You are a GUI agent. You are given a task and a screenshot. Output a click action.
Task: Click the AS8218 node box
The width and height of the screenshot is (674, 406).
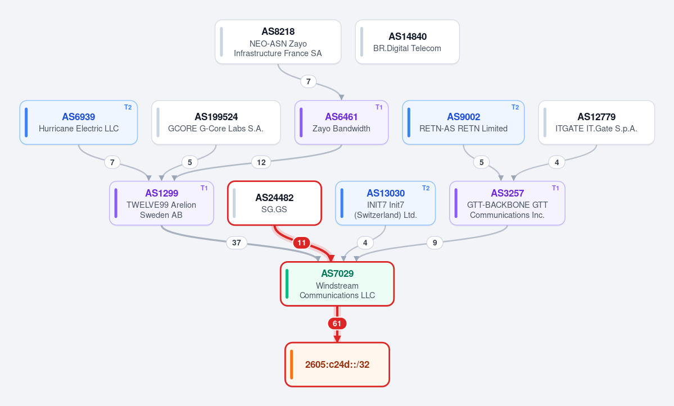click(x=278, y=42)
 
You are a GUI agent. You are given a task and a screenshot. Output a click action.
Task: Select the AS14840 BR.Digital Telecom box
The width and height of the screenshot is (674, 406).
click(x=407, y=42)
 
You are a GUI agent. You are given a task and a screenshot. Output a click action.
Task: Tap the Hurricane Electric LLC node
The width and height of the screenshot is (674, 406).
click(x=79, y=122)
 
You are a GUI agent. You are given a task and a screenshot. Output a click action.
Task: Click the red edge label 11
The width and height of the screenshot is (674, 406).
click(x=302, y=243)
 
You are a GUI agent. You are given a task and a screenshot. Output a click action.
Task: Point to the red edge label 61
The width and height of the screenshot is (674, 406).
click(x=337, y=323)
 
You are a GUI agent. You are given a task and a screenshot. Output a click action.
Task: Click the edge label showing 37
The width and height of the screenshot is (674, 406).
click(x=237, y=243)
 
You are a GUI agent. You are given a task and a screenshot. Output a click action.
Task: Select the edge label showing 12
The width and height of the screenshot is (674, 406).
click(x=261, y=162)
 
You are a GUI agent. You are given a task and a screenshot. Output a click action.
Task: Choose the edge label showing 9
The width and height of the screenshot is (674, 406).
click(x=435, y=243)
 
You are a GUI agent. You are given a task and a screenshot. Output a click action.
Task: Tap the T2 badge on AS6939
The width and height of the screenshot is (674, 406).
click(x=128, y=107)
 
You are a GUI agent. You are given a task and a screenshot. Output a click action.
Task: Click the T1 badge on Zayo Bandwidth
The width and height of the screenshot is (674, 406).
click(x=379, y=107)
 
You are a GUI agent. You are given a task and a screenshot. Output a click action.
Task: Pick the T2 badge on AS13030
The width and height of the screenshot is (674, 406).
click(x=426, y=188)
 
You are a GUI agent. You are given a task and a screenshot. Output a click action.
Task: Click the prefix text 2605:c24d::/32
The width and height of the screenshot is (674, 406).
click(x=337, y=364)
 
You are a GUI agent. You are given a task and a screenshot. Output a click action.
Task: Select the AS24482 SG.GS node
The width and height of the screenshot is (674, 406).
click(x=275, y=203)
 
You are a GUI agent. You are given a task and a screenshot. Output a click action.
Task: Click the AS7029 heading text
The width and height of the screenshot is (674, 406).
click(x=337, y=273)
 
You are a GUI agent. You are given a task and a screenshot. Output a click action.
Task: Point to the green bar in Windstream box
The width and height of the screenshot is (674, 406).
click(x=287, y=284)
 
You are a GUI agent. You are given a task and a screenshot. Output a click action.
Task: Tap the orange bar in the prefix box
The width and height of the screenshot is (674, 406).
click(x=291, y=364)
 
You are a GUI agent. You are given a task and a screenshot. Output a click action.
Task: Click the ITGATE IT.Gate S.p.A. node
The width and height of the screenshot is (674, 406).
click(x=596, y=122)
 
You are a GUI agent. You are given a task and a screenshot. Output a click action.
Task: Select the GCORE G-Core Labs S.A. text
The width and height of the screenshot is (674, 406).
click(x=216, y=129)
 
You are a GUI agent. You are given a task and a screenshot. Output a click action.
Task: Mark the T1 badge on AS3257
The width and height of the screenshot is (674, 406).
click(x=555, y=188)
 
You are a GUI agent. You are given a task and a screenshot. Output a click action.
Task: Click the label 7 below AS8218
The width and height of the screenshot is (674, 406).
click(x=308, y=81)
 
